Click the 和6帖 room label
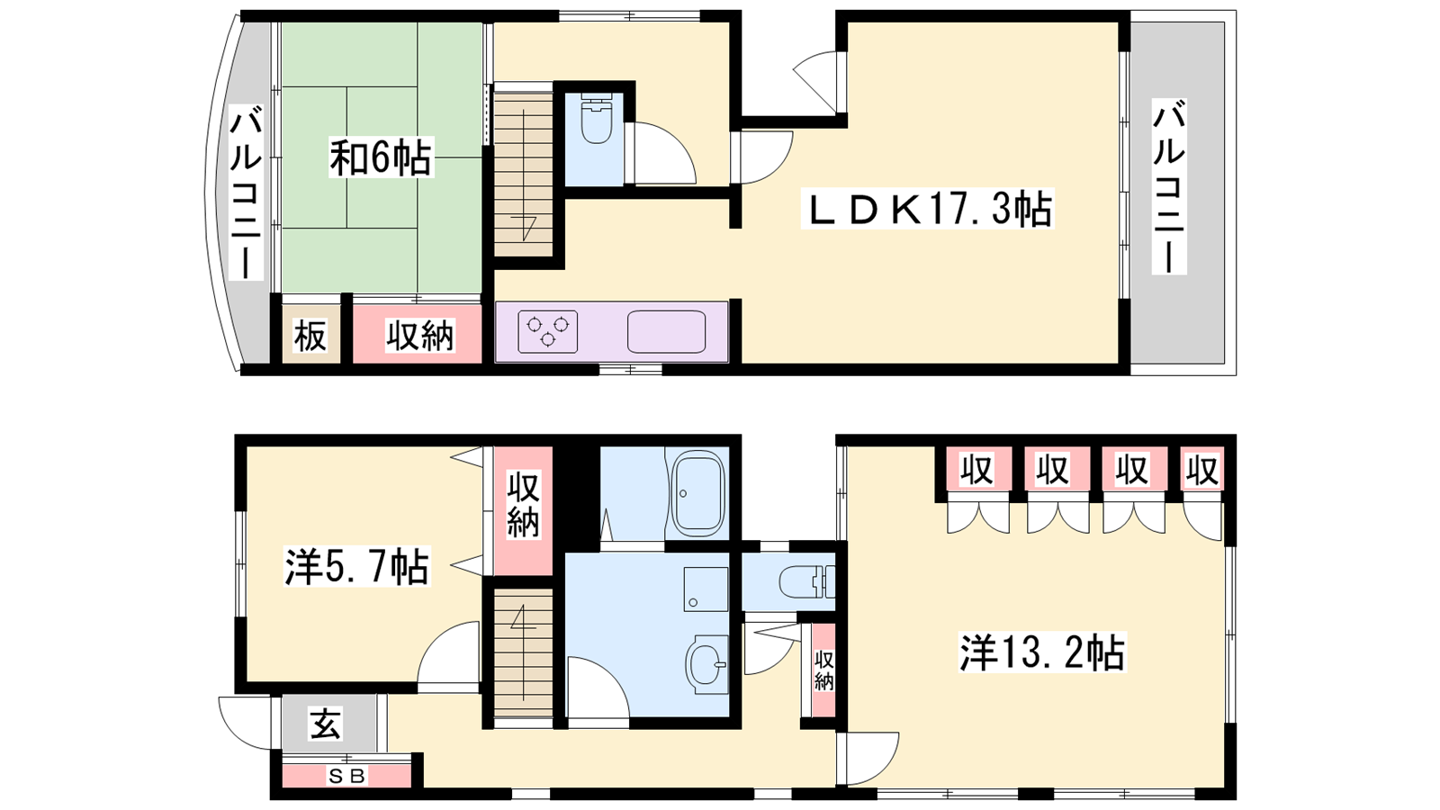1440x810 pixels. (x=381, y=157)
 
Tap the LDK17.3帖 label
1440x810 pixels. (x=927, y=208)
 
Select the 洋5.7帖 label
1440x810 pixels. (x=356, y=566)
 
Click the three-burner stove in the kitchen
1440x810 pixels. (x=548, y=331)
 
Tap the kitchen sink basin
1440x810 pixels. (x=666, y=332)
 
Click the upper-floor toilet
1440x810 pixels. (x=596, y=118)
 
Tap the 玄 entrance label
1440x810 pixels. (x=325, y=724)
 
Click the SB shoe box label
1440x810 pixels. (x=347, y=777)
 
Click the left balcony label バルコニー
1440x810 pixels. (x=247, y=195)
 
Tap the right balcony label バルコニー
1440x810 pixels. (x=1169, y=186)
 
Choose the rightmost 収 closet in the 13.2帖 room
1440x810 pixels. (x=1202, y=470)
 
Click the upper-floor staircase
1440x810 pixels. (x=523, y=175)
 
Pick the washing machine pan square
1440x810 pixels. (x=706, y=589)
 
